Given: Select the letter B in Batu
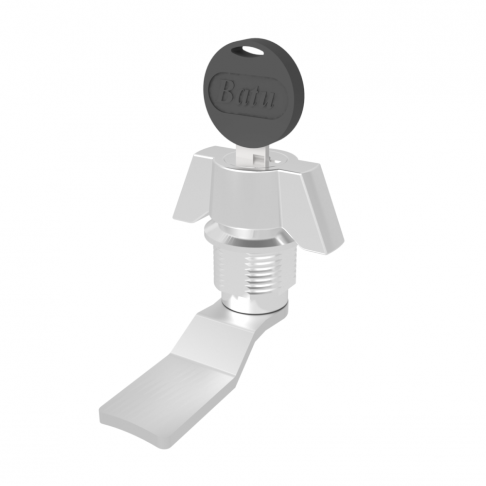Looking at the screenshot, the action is pos(229,91).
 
